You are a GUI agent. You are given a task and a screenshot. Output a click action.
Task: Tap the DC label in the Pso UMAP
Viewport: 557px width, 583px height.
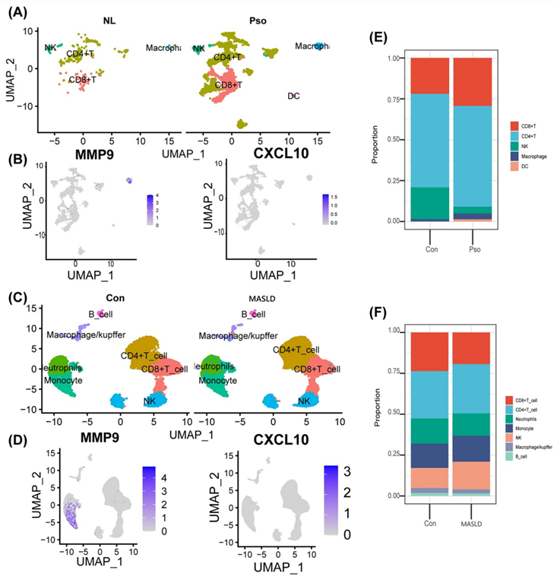(x=293, y=96)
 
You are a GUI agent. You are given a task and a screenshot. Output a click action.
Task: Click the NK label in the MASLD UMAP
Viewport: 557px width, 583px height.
(x=304, y=401)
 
